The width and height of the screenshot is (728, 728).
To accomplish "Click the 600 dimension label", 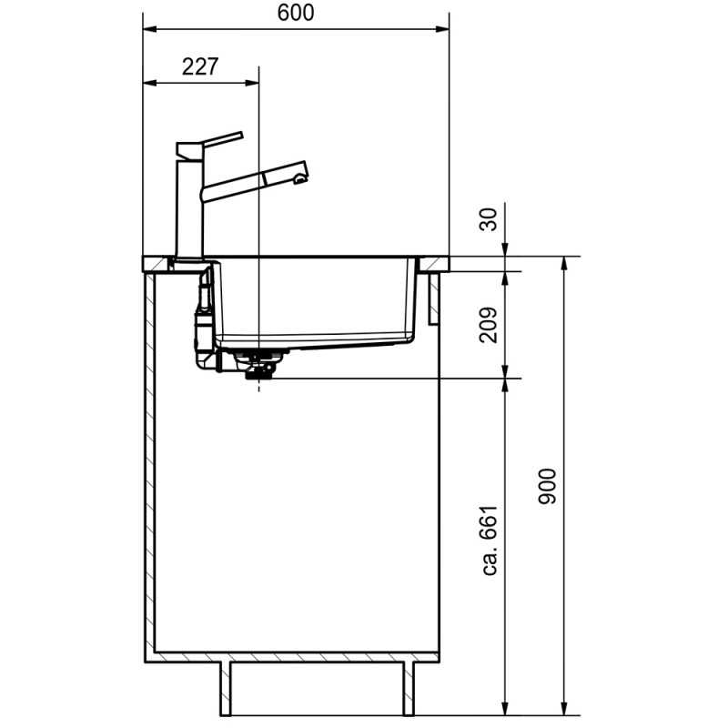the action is click(295, 13).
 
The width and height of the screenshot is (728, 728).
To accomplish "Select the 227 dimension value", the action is click(199, 66).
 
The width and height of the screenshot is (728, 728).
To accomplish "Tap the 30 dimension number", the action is click(488, 219).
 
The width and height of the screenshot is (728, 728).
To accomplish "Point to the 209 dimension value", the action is click(488, 325).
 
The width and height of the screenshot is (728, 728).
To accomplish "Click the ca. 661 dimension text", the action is click(490, 541).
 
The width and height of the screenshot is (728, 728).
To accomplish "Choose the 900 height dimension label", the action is click(547, 487).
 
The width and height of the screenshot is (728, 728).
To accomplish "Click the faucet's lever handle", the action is click(222, 138).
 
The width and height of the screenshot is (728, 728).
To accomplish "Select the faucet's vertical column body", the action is click(189, 207).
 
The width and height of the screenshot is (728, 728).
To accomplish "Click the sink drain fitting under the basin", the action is click(259, 365).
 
